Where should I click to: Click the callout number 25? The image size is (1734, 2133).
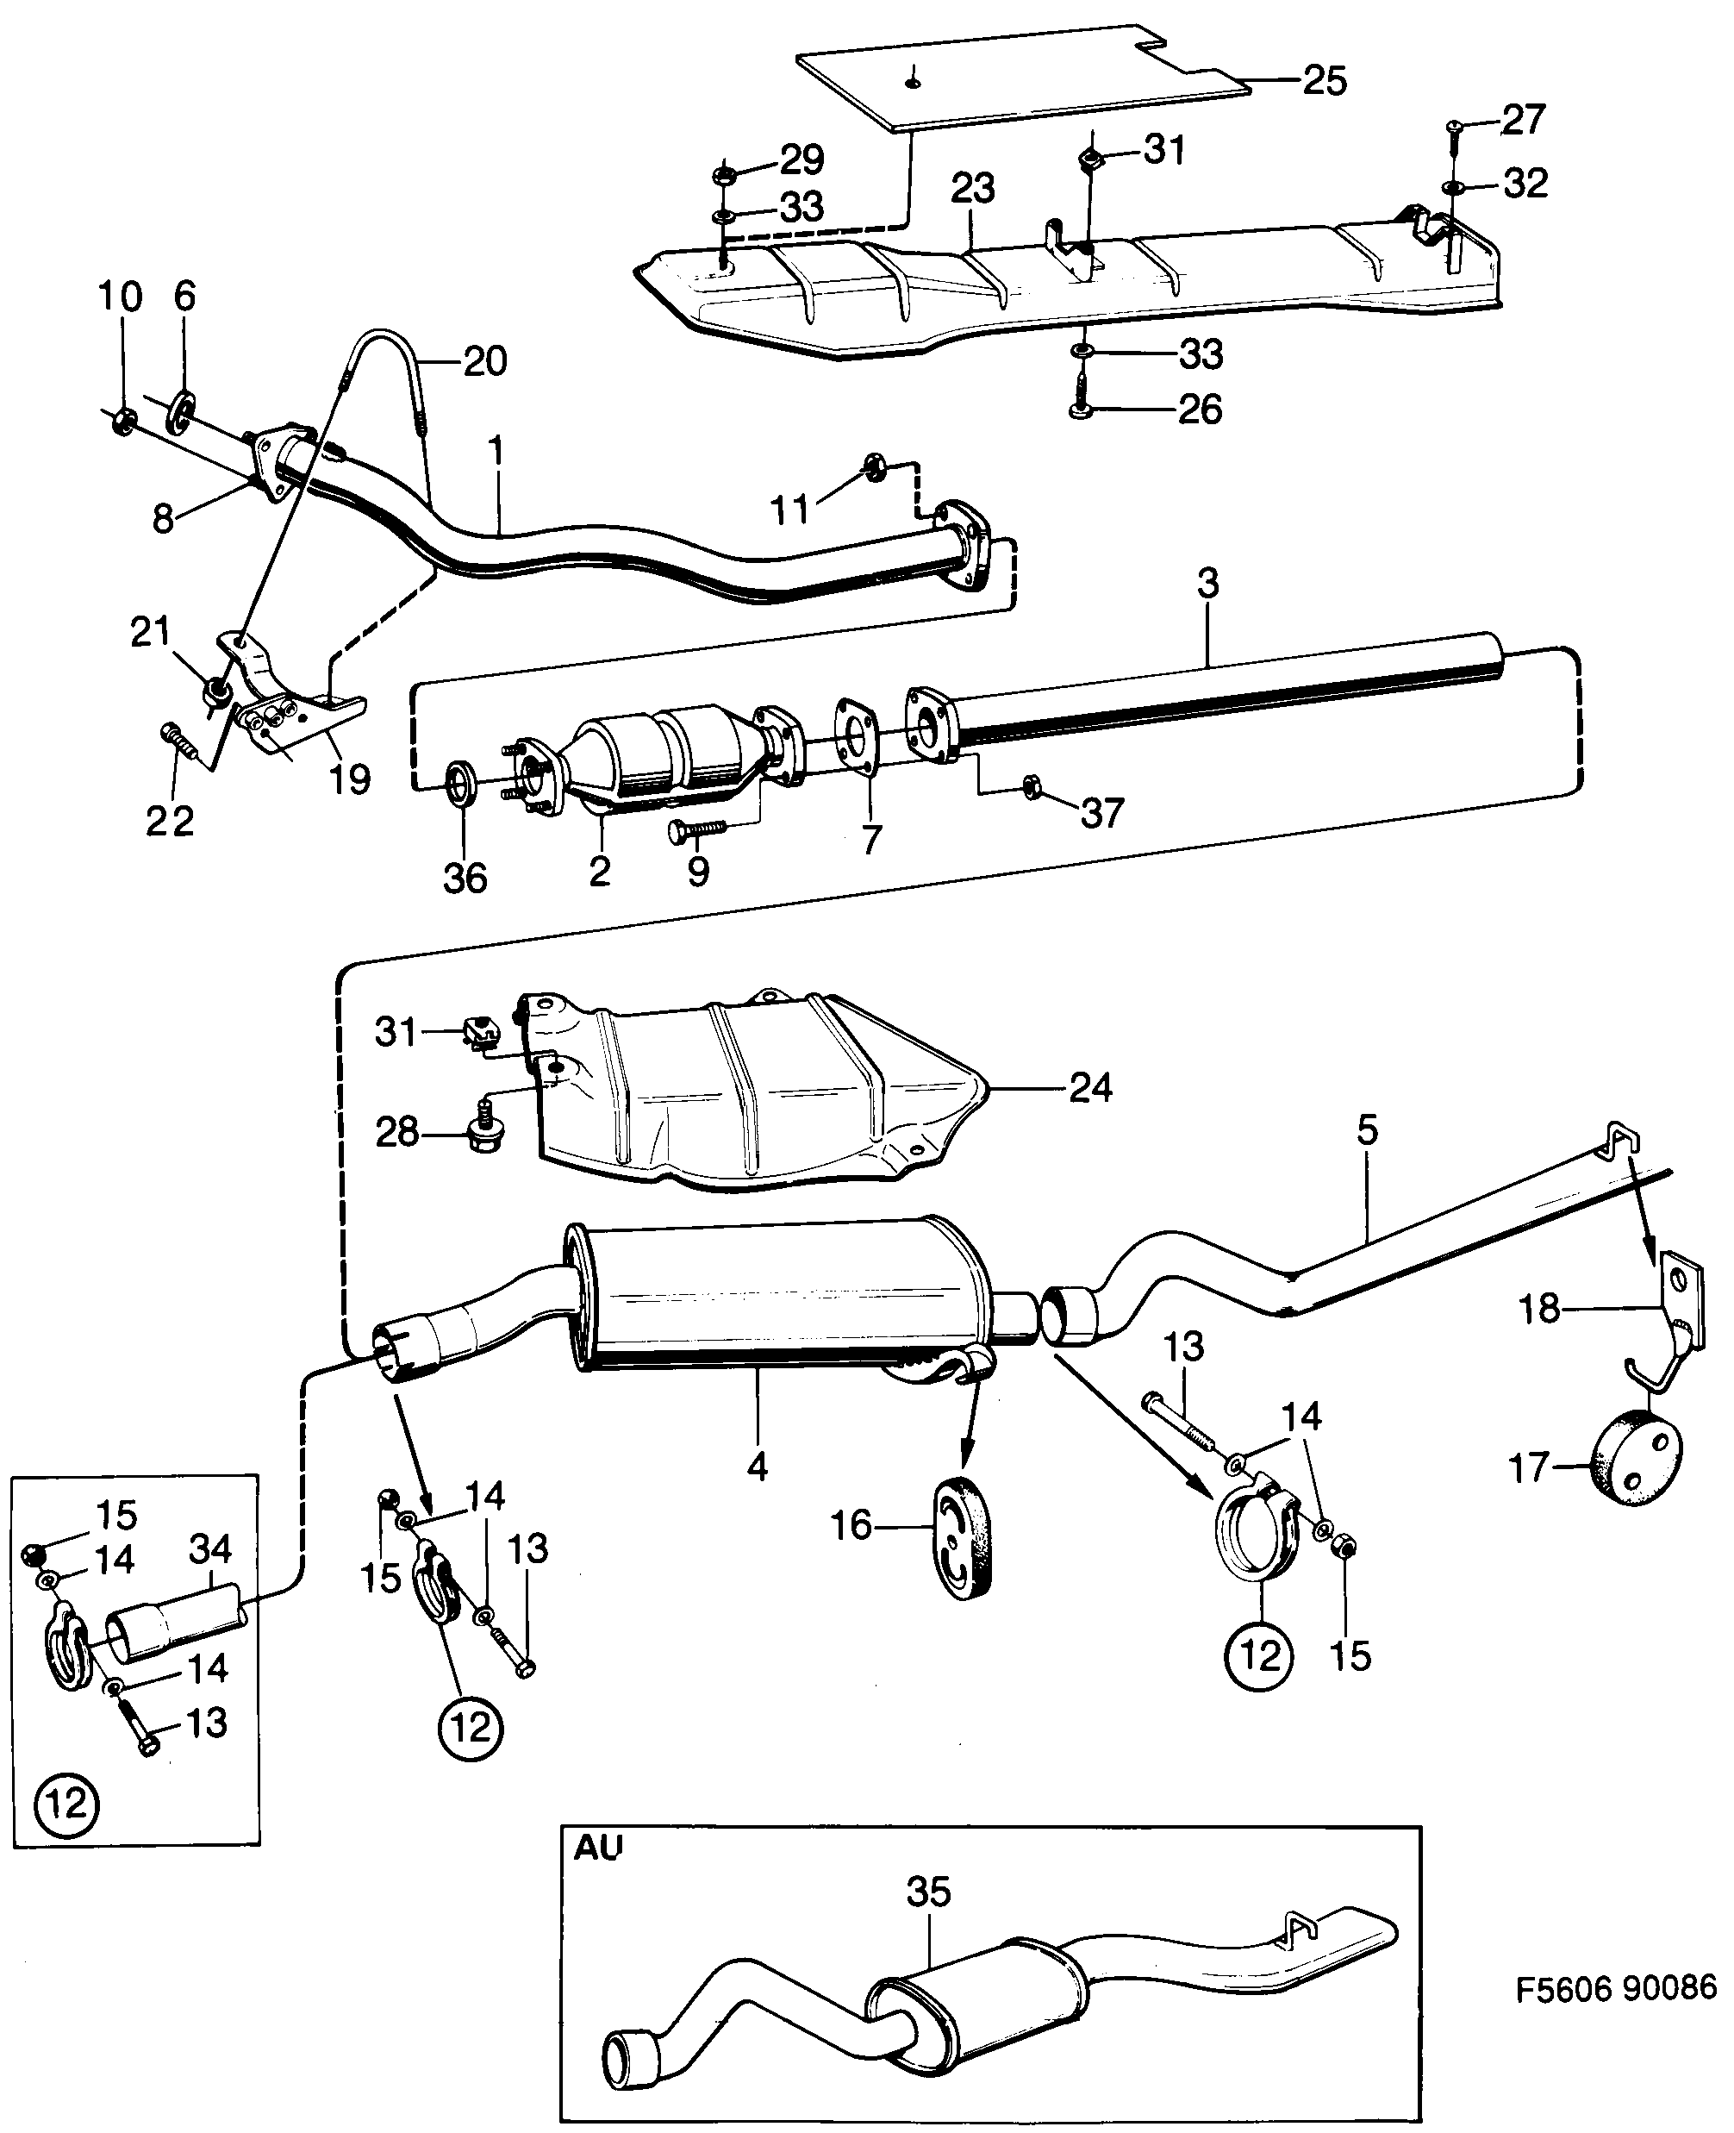click(x=1325, y=81)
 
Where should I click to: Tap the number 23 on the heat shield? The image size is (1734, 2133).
click(x=972, y=188)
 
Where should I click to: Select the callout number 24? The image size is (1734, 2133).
click(x=1089, y=1087)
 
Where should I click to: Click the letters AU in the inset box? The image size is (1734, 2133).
click(x=597, y=1848)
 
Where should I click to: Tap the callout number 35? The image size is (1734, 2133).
click(x=928, y=1892)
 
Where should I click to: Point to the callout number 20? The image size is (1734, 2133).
click(x=485, y=360)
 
